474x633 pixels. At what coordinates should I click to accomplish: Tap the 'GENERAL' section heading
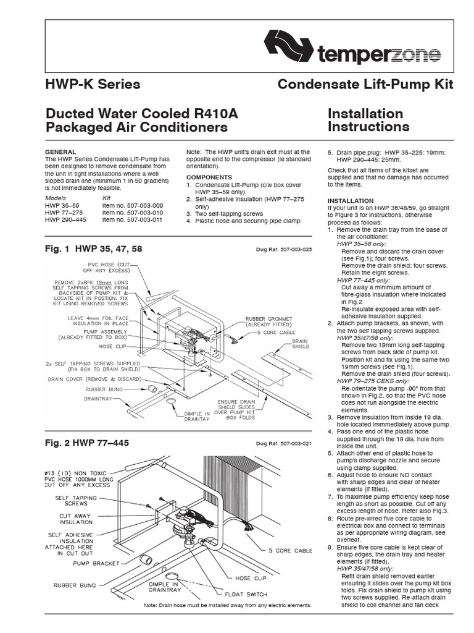tap(61, 151)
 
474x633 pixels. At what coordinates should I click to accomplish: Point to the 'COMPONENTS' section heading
tap(209, 177)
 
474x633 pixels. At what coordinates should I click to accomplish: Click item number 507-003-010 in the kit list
tap(132, 212)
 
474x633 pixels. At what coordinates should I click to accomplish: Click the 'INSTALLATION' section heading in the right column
tap(350, 201)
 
